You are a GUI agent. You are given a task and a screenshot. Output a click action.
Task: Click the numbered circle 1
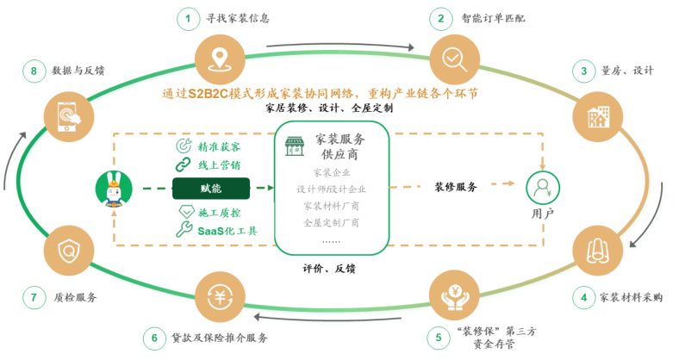click(x=188, y=19)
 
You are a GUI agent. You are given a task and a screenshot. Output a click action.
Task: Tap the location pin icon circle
click(x=220, y=59)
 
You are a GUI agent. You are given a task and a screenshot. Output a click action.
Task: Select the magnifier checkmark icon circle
click(x=454, y=59)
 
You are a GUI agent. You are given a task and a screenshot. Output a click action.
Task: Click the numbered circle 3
click(x=583, y=71)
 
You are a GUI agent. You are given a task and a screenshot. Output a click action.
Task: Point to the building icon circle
click(x=598, y=117)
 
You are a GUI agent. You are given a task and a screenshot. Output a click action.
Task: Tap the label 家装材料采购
click(x=631, y=297)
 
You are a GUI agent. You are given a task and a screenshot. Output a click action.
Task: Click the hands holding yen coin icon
click(x=454, y=297)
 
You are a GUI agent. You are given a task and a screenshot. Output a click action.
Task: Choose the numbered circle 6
click(x=154, y=338)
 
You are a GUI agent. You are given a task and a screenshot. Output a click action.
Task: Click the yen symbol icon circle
click(x=220, y=297)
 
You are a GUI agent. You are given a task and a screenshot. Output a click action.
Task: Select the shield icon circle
click(x=69, y=251)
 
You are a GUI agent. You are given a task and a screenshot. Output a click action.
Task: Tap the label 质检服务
click(x=75, y=297)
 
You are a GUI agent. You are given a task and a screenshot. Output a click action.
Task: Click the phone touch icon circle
click(x=69, y=117)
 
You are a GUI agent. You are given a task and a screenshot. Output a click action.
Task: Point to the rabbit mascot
click(x=114, y=189)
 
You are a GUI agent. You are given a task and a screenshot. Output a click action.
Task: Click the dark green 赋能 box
click(x=211, y=189)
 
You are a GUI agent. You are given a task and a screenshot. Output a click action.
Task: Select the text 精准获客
click(x=219, y=147)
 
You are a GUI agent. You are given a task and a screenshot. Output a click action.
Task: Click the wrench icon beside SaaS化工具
click(x=184, y=229)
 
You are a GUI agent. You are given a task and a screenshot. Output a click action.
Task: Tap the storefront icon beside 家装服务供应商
click(x=295, y=146)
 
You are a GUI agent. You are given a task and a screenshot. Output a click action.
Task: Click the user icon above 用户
click(x=543, y=189)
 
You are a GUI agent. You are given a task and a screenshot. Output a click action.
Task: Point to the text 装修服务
click(x=456, y=187)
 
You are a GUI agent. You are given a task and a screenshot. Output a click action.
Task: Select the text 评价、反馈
click(x=329, y=269)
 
